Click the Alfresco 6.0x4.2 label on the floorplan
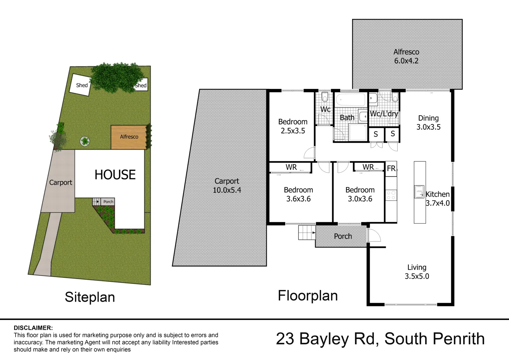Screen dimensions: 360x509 coord(406,56)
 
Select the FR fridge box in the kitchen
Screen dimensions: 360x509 coord(391,169)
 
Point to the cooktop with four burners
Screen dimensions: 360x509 coord(391,195)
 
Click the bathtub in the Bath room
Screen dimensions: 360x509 coord(350,99)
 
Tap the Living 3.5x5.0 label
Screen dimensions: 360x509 coord(417,272)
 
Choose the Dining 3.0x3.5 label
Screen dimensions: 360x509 coord(428,122)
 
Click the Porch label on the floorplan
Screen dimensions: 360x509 coord(343,236)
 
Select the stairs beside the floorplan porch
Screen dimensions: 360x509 coord(306,232)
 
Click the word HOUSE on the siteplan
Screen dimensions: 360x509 coord(115,175)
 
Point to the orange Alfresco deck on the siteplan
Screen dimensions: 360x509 coord(129,137)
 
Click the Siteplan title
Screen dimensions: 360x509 coord(90,297)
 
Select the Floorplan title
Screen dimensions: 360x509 coord(308,296)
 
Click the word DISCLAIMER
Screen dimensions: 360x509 coord(33,328)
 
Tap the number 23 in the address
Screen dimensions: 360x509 coord(285,339)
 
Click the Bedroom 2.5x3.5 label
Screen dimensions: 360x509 coord(293,126)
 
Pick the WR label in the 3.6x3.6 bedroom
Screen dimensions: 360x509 coord(291,167)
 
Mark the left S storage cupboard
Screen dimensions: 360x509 coord(376,134)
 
